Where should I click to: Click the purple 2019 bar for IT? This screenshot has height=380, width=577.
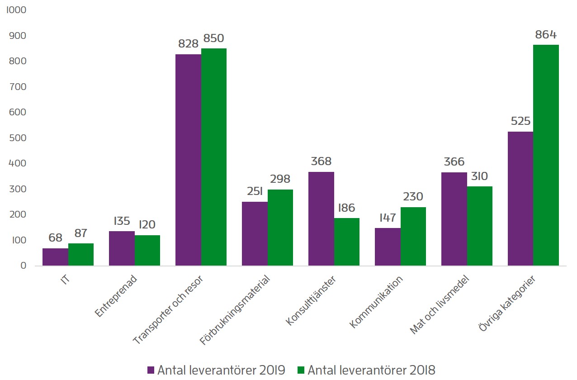click(55, 257)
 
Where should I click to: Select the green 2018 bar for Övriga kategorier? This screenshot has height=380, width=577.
click(546, 155)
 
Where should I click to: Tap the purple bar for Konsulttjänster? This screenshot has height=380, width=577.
click(321, 218)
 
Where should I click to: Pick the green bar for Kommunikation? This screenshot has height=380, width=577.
click(413, 236)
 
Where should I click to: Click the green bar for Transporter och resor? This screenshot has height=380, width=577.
click(214, 157)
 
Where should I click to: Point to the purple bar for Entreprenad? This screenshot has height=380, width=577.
click(122, 248)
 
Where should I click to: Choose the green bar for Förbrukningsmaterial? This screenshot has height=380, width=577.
click(280, 228)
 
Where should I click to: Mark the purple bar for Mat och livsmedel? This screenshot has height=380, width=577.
click(454, 219)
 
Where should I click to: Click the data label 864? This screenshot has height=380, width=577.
click(545, 35)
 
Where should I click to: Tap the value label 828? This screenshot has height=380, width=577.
click(188, 44)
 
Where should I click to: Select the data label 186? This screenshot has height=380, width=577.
click(346, 208)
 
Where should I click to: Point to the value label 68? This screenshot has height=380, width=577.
click(55, 238)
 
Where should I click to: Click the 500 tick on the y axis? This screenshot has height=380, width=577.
click(18, 138)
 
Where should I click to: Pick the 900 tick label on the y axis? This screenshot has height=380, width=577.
click(18, 36)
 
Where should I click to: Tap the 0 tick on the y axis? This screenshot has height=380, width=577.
click(23, 266)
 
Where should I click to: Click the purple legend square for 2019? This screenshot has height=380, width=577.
click(151, 370)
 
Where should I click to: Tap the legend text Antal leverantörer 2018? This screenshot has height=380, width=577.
click(371, 370)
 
